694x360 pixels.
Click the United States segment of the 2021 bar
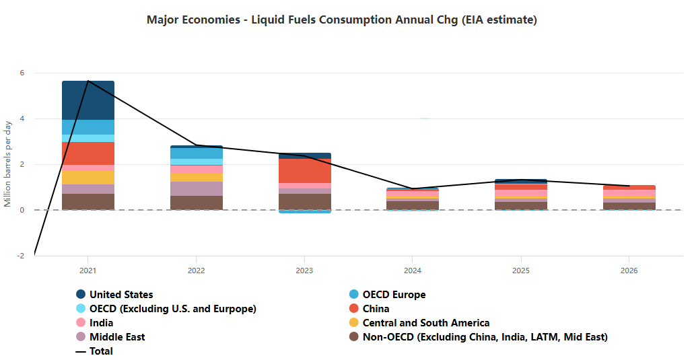tap(88, 100)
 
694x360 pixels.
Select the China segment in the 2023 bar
tap(304, 171)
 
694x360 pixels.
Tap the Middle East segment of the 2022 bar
tap(196, 188)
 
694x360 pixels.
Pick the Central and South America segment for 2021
tap(88, 177)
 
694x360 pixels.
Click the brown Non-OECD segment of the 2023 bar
tap(304, 201)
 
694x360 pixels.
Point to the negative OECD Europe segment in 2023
tap(304, 211)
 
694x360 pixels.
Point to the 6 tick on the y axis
tap(22, 73)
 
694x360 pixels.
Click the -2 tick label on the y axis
tap(20, 256)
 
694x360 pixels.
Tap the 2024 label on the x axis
tap(412, 271)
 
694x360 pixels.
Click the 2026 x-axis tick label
tap(629, 271)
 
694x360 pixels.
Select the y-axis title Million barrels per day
tap(8, 164)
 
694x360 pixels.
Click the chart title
tap(341, 20)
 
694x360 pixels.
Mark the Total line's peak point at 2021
tap(88, 81)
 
